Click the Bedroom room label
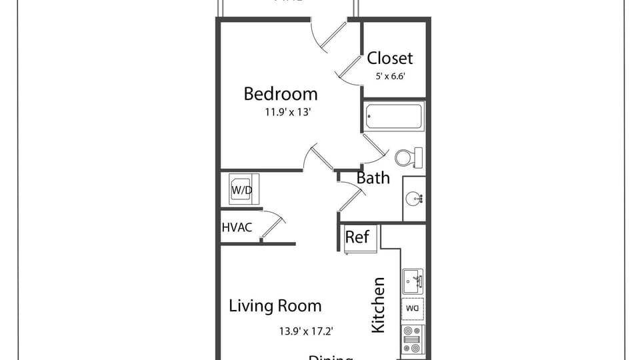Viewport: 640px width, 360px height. [x=280, y=94]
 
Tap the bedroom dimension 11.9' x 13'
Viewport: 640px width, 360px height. [x=288, y=113]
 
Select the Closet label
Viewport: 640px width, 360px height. [x=390, y=58]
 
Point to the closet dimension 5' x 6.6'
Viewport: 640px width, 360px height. [x=391, y=76]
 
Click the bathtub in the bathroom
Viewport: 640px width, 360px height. [x=394, y=117]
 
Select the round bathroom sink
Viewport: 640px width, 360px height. [x=414, y=198]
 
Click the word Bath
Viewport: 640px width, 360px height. [x=373, y=178]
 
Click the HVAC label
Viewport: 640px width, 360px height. [x=237, y=227]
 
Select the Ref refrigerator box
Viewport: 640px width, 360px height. [x=357, y=237]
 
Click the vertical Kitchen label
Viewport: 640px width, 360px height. [x=378, y=305]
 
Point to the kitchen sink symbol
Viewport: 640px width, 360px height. [x=413, y=281]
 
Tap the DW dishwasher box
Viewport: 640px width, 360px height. [x=413, y=309]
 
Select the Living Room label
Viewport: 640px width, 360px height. [x=275, y=306]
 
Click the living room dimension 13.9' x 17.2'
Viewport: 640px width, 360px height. [x=305, y=330]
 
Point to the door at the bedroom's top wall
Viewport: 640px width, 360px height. [x=330, y=37]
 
